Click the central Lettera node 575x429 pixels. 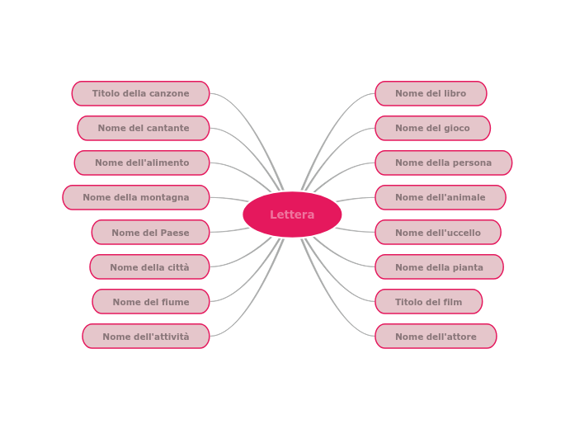tap(292, 214)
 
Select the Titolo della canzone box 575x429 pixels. tap(140, 94)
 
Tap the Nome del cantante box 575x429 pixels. tap(144, 129)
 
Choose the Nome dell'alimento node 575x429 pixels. tap(142, 163)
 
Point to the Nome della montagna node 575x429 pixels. tap(136, 198)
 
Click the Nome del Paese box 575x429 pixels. tap(150, 233)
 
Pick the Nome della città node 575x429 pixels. tap(149, 267)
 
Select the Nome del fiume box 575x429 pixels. tap(151, 302)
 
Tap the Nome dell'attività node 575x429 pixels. tap(146, 337)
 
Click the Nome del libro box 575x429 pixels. tap(431, 94)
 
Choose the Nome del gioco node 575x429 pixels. tap(432, 129)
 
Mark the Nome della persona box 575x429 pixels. tap(443, 163)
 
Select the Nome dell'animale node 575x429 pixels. tap(440, 198)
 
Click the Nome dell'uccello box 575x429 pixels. tap(437, 233)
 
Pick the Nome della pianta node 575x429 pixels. tap(439, 267)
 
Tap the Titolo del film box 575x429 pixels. tap(428, 302)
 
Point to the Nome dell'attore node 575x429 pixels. tap(436, 337)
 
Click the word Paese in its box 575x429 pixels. tap(174, 233)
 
